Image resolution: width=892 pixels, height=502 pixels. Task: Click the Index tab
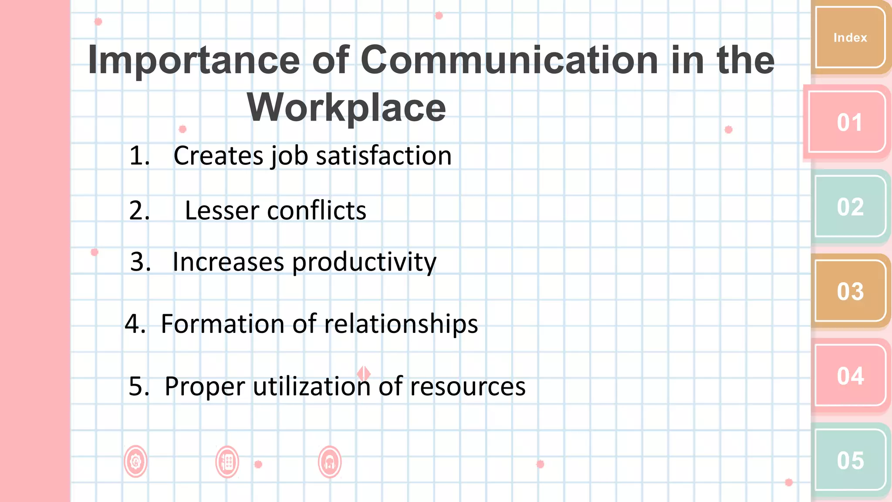tap(850, 37)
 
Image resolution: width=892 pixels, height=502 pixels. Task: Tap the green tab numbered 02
tap(850, 207)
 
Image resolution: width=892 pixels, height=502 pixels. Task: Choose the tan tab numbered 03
tap(850, 291)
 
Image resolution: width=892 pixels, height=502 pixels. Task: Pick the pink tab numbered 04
tap(850, 376)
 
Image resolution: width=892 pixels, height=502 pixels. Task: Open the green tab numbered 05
tap(850, 460)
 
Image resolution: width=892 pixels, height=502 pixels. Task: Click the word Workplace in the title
tap(346, 108)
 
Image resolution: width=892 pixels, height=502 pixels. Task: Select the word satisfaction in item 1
tap(383, 156)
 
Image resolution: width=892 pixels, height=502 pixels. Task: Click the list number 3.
tap(140, 262)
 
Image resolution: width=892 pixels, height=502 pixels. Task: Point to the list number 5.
tap(139, 386)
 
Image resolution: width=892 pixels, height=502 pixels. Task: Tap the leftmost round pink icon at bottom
tap(135, 461)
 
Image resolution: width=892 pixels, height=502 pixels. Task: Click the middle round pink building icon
tap(227, 462)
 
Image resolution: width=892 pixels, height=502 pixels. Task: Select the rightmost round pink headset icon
tap(330, 462)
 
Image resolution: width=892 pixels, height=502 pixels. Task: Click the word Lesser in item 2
tap(222, 210)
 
